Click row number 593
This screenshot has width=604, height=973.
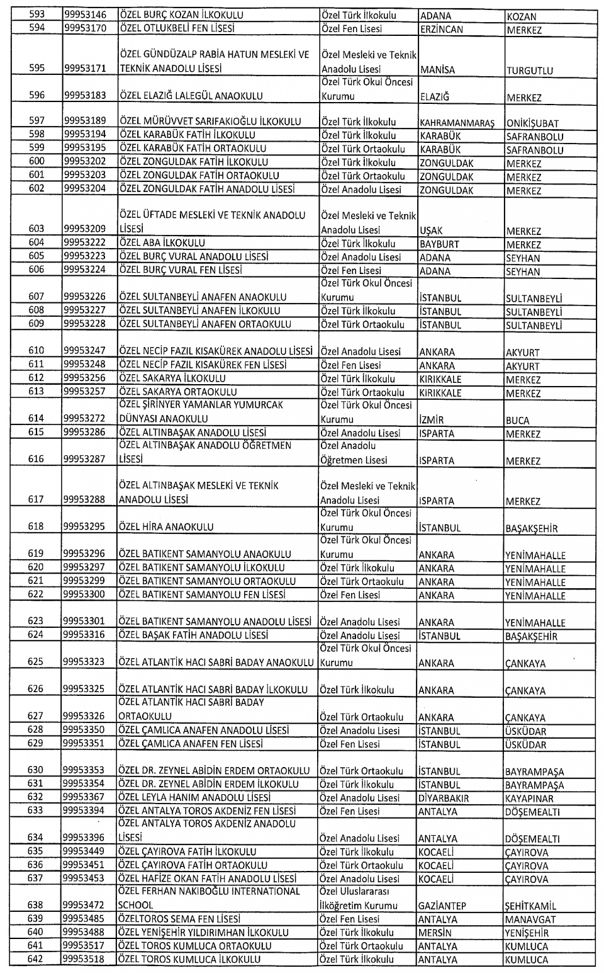coord(37,14)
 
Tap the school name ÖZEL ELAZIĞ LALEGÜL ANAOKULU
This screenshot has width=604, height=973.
coord(191,96)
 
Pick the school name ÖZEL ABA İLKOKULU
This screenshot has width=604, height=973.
coord(162,243)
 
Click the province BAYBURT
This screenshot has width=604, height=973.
coord(439,244)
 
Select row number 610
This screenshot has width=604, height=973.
coord(36,351)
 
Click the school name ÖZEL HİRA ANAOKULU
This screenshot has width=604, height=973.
coord(166,528)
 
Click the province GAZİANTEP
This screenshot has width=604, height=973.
coord(442,906)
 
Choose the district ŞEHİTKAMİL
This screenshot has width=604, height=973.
coord(530,907)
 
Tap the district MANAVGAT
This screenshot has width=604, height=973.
coord(530,920)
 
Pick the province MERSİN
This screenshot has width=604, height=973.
coord(435,933)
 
